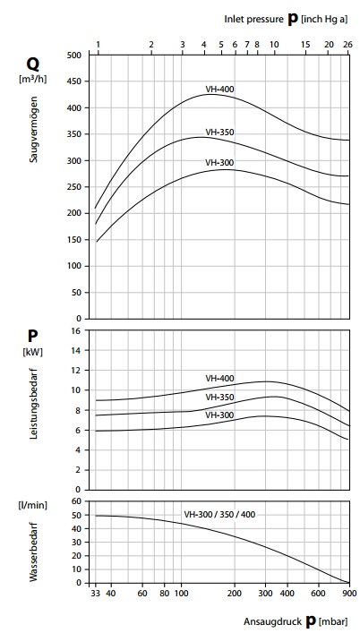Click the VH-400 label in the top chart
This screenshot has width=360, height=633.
[219, 90]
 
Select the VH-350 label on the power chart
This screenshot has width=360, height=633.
[219, 398]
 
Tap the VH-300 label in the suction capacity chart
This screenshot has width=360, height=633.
[219, 163]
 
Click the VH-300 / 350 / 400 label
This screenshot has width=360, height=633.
[219, 515]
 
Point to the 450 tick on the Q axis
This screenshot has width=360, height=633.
[76, 81]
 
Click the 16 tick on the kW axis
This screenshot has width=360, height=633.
[78, 330]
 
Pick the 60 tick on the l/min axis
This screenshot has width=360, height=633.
[78, 501]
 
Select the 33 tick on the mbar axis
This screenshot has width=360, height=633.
[95, 594]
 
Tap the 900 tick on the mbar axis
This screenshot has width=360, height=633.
[349, 594]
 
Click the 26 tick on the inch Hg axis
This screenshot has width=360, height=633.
[347, 45]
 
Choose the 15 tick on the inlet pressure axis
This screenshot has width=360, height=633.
[306, 45]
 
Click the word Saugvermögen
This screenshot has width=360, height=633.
[34, 129]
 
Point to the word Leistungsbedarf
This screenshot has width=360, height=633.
[34, 405]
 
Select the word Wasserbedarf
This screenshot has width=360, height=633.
[34, 552]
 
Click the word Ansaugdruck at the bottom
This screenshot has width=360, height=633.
[272, 621]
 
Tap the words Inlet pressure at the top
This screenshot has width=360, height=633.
[253, 19]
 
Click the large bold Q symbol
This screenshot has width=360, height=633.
[33, 64]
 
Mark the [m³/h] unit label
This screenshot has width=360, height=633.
[33, 79]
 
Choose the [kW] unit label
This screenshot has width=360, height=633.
[33, 352]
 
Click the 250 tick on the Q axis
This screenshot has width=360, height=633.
[76, 187]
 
